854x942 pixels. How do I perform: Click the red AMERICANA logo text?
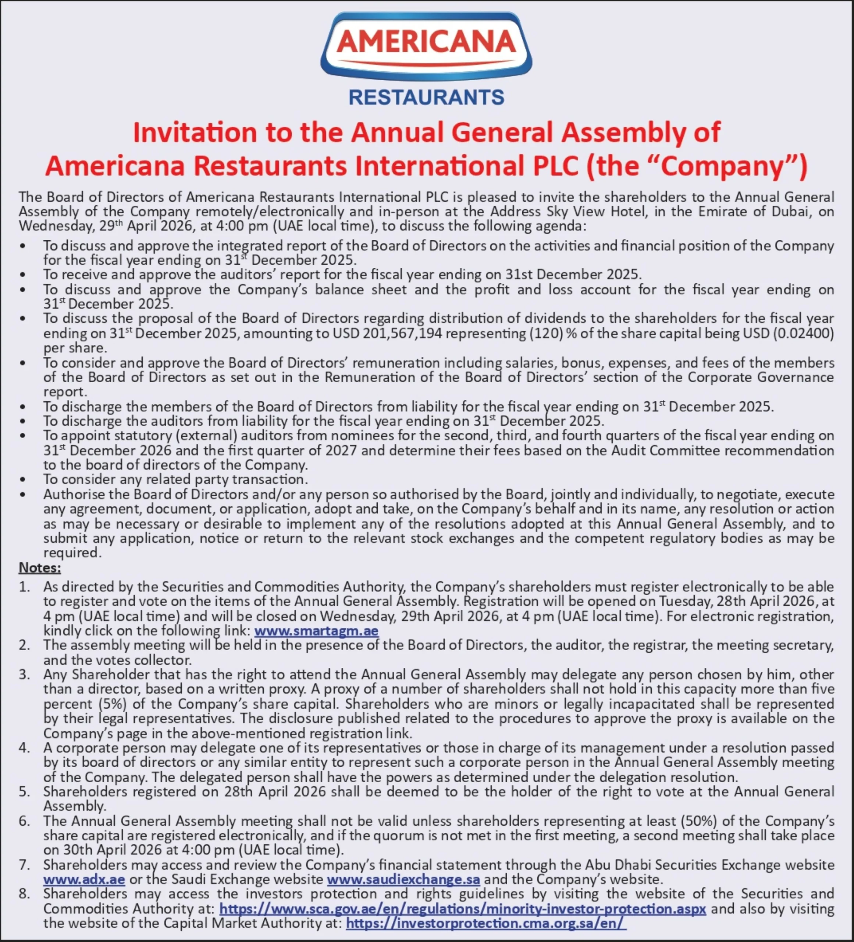click(426, 42)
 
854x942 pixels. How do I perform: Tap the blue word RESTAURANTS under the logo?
click(426, 97)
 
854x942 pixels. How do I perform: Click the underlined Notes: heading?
click(40, 568)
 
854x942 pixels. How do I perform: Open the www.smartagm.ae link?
click(316, 631)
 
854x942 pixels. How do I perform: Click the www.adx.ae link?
click(84, 879)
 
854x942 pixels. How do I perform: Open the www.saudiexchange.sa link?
click(403, 879)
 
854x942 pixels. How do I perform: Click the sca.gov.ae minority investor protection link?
click(462, 909)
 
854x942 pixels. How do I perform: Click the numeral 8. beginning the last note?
click(24, 894)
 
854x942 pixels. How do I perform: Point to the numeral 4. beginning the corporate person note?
click(24, 748)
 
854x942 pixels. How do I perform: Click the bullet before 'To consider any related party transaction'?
click(23, 479)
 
